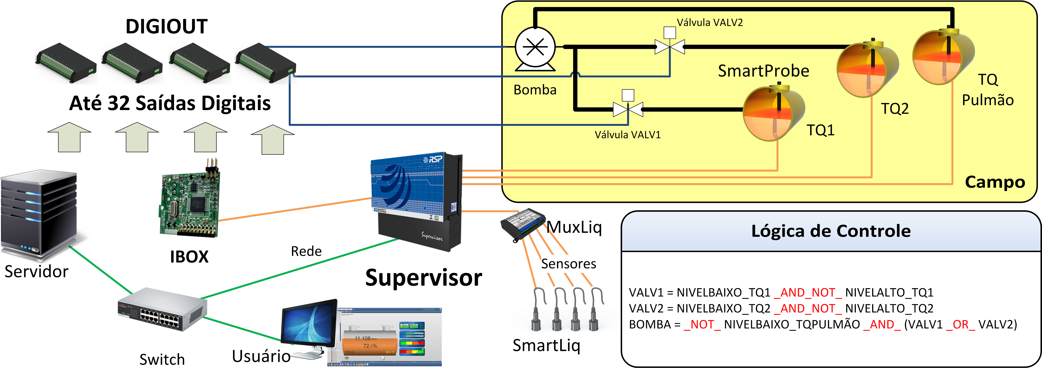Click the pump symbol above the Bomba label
535,49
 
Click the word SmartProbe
763,71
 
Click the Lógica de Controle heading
831,231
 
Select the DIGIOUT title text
167,27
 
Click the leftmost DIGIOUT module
66,63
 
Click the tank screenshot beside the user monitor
384,337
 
